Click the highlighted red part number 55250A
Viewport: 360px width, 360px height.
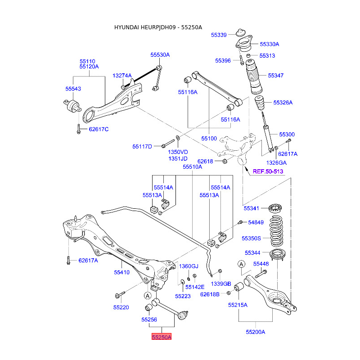pos(162,337)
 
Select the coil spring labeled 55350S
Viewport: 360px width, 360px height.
pos(276,231)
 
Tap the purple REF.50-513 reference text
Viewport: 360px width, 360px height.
pos(268,171)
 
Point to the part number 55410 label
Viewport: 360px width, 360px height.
pos(121,272)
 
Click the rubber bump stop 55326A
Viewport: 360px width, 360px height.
pos(260,103)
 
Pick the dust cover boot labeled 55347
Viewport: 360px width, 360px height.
pos(253,77)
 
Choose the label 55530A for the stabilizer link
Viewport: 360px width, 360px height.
pos(160,54)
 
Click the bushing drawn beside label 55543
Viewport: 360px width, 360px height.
pos(72,106)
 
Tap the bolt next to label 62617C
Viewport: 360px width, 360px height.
pos(78,129)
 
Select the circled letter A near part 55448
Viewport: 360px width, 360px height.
pos(241,264)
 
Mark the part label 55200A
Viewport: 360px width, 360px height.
pos(255,332)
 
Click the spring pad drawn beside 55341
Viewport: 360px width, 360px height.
pos(275,208)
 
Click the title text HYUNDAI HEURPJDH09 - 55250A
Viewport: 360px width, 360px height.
pos(158,27)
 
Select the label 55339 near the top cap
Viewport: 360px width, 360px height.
pos(219,35)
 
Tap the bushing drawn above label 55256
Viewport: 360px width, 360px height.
pos(149,307)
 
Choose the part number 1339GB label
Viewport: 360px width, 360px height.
pos(221,284)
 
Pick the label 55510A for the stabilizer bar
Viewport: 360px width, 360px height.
pos(193,166)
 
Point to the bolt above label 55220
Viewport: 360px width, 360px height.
pos(120,295)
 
